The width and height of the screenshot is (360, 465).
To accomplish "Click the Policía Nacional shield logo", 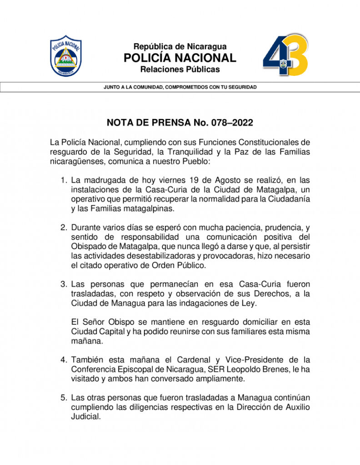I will (66, 56).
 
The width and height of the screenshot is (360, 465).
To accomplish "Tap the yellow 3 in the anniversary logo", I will (296, 55).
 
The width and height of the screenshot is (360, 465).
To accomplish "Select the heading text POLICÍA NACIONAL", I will (180, 58).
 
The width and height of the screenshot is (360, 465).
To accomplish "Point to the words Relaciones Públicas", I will (180, 69).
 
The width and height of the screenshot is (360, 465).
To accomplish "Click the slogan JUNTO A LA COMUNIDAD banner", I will (180, 87).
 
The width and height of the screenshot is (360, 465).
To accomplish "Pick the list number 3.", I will (64, 284).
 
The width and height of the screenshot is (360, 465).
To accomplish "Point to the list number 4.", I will (64, 360).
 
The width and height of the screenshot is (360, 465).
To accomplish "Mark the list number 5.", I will (64, 398).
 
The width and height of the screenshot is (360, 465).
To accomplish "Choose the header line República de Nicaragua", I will (180, 46).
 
